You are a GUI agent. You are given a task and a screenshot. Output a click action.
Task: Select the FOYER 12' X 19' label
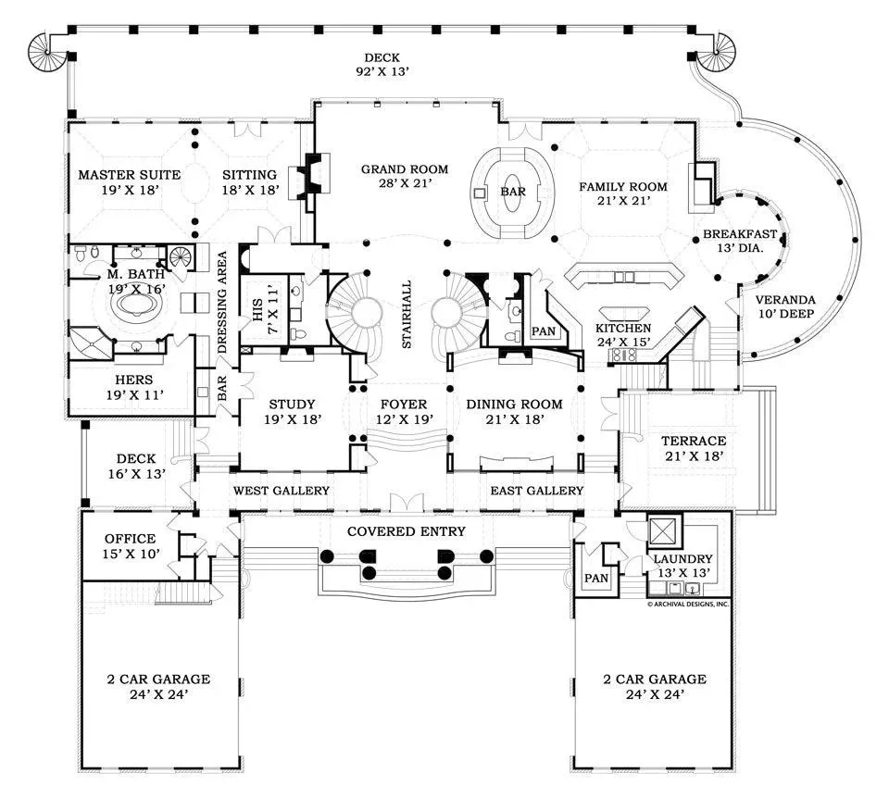pos(404,412)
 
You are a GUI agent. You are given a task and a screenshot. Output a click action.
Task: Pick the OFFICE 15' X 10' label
pos(130,545)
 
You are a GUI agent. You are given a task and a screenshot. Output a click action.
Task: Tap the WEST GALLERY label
pos(281,491)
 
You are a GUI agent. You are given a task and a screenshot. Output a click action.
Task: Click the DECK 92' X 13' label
pos(382,64)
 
